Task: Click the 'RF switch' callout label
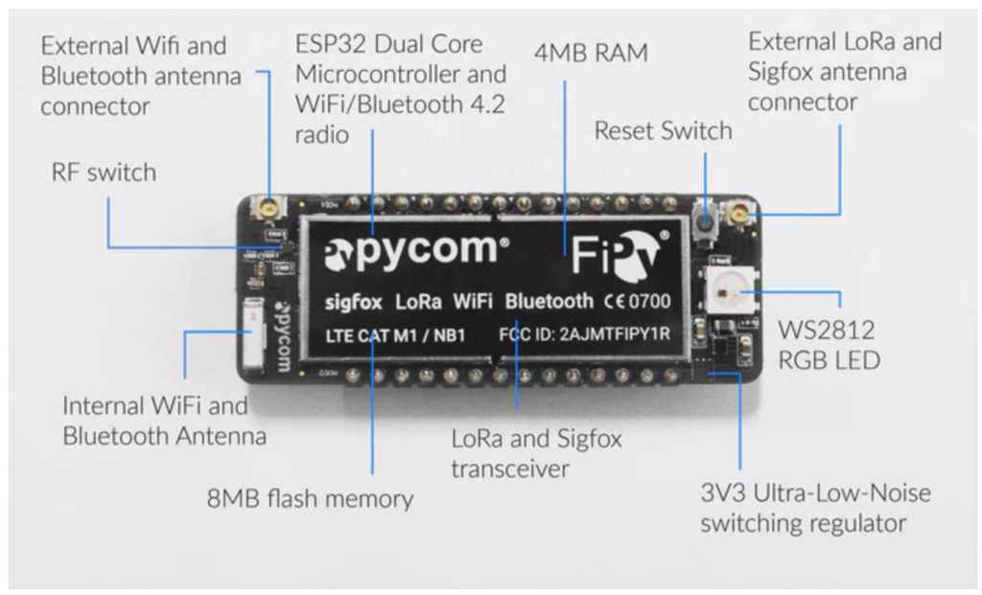coord(103,172)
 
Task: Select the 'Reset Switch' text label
coord(663,130)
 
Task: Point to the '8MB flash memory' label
coord(310,498)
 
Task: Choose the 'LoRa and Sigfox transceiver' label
coord(536,453)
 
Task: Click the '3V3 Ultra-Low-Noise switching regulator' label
coord(814,508)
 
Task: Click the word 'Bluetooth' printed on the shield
coord(549,302)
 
